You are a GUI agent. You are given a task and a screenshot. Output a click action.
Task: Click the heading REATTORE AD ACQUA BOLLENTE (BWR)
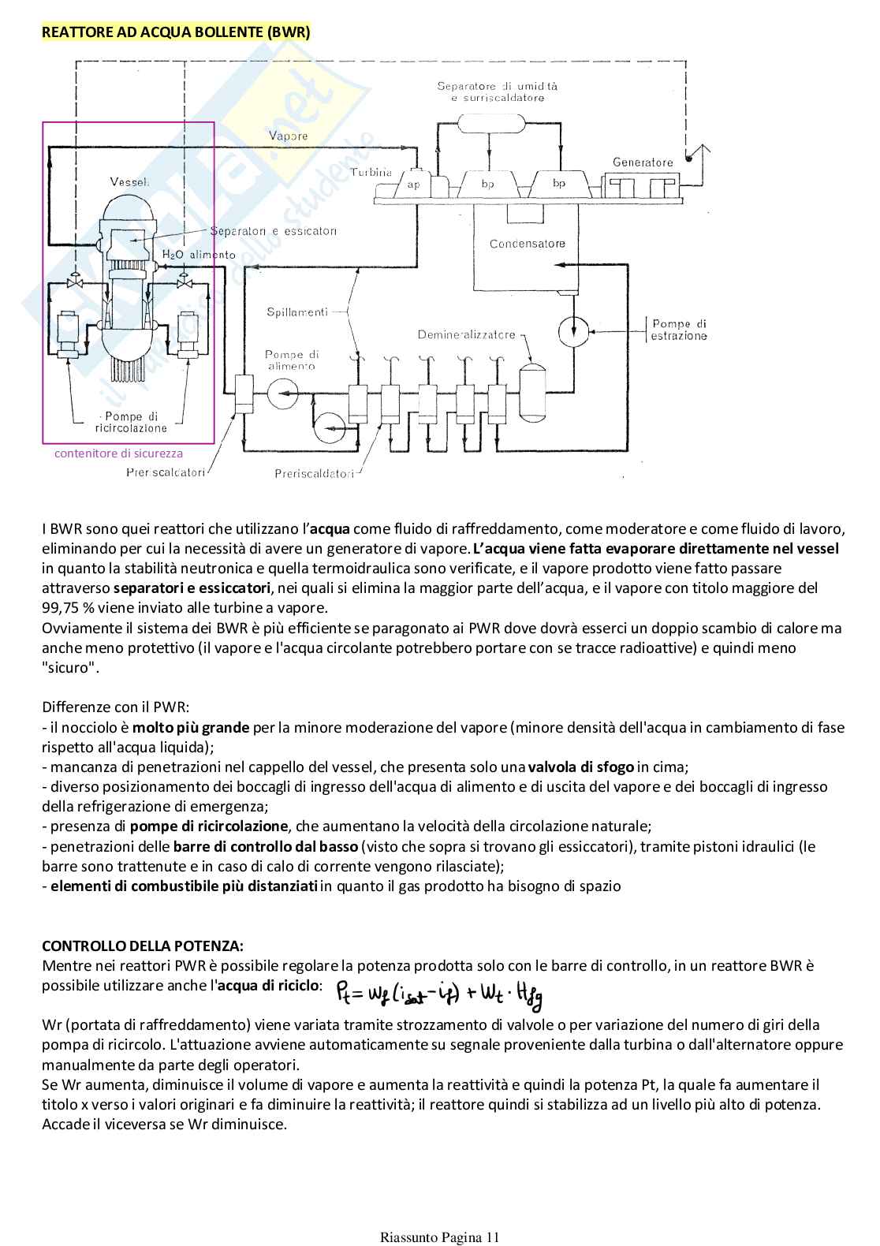(x=176, y=32)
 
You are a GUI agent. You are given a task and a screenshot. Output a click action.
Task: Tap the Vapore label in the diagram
(x=288, y=136)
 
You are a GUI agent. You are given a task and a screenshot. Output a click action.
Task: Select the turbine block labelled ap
(x=413, y=184)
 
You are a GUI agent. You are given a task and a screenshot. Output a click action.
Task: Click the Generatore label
(x=643, y=162)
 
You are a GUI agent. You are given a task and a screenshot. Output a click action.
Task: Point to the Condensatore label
(x=527, y=244)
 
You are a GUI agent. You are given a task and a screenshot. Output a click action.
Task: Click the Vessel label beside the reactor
(x=129, y=182)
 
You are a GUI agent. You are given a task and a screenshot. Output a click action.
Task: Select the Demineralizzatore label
(x=466, y=334)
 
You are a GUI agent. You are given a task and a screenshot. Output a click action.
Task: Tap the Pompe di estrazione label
(x=678, y=330)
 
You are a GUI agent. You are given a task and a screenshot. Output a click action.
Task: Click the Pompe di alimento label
(x=292, y=360)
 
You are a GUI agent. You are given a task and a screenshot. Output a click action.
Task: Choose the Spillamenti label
(x=296, y=312)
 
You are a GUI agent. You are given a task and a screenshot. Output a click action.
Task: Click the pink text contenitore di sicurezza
(x=118, y=453)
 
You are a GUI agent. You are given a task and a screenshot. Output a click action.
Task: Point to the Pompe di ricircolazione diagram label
(x=131, y=422)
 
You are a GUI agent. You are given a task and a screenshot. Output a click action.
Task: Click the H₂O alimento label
(x=199, y=255)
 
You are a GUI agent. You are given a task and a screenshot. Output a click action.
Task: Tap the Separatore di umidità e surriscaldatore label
(x=497, y=92)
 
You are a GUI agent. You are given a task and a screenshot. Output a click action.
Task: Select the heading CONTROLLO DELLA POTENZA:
(x=143, y=946)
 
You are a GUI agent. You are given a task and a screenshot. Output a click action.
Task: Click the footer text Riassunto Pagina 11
(x=439, y=1237)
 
